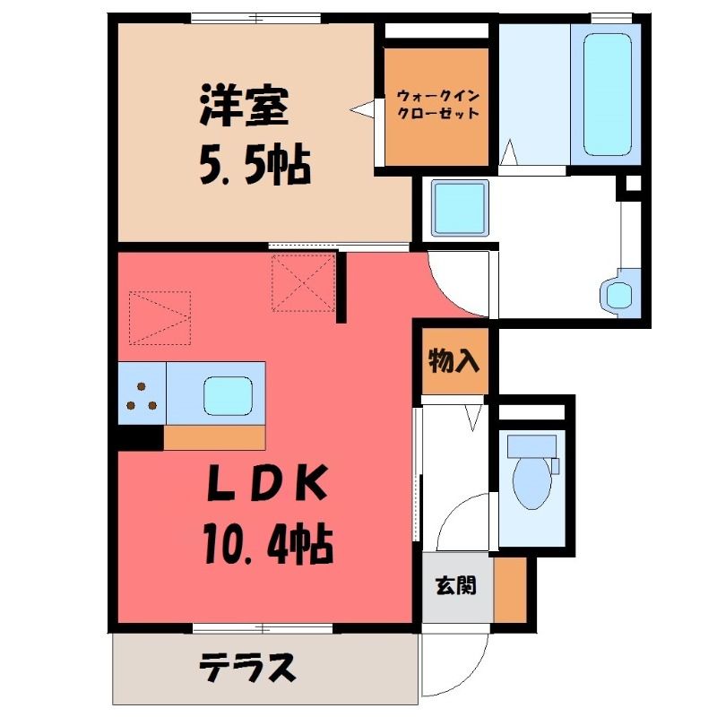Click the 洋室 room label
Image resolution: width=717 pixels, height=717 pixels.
[244, 105]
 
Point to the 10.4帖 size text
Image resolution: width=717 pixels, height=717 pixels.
[268, 544]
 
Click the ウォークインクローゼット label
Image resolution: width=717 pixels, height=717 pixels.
[437, 105]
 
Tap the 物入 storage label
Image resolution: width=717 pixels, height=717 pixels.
[454, 361]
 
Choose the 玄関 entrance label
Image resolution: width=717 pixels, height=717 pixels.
[456, 586]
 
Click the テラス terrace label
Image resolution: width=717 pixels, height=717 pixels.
[247, 668]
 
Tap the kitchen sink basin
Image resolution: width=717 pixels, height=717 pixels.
[229, 396]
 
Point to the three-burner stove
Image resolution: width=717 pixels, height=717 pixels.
[142, 393]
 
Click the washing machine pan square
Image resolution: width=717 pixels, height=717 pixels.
[460, 208]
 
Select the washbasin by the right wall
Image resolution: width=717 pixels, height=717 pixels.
[620, 292]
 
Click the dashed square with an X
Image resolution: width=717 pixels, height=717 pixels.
[304, 282]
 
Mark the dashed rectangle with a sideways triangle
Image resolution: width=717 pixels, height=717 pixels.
[160, 317]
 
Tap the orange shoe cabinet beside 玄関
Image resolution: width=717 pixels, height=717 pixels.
[510, 590]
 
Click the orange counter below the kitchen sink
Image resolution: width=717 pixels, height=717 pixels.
[214, 437]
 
